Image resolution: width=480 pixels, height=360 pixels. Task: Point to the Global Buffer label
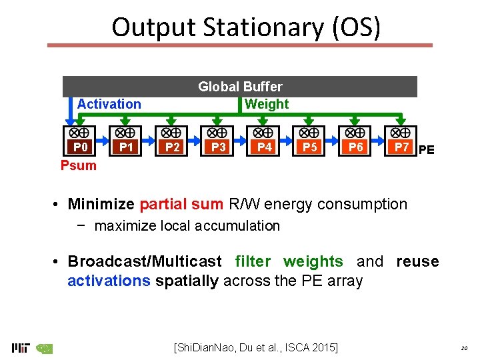[240, 87]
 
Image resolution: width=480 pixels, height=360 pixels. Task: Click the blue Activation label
[109, 104]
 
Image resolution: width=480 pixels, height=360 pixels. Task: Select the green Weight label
[267, 104]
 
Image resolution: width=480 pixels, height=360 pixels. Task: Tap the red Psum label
[79, 165]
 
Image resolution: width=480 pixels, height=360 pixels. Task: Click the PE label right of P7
[427, 151]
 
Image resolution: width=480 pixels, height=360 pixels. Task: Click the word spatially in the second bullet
[187, 281]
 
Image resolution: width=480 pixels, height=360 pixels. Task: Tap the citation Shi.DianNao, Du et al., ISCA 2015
[255, 347]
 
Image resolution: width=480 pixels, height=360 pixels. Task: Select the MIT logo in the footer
[21, 347]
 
